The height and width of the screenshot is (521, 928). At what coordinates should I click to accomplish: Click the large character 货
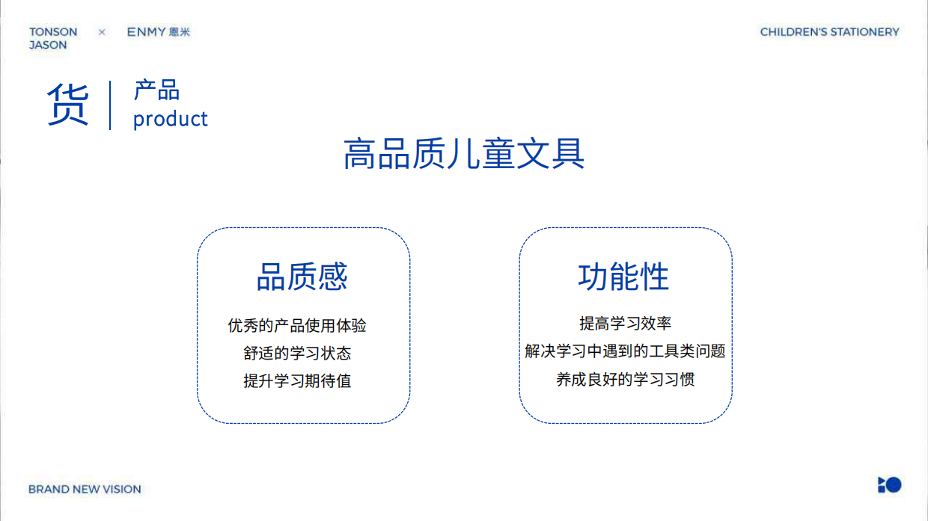tap(68, 105)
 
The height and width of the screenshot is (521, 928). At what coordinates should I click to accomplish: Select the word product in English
tap(170, 119)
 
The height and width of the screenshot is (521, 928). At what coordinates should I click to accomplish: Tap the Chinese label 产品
tap(156, 90)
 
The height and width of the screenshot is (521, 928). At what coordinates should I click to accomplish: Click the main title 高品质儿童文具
tap(464, 155)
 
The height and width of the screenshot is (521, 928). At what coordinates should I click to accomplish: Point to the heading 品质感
tap(302, 277)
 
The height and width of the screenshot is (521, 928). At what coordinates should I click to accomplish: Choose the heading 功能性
tap(623, 277)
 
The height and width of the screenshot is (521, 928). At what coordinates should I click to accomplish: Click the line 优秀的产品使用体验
tap(297, 326)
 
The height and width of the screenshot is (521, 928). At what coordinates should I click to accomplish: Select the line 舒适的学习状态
tap(297, 353)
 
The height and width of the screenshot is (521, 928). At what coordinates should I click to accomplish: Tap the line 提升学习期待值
tap(297, 380)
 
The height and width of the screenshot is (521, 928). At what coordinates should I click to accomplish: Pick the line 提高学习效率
tap(625, 324)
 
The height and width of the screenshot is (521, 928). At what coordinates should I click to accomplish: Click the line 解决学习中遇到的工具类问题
tap(625, 351)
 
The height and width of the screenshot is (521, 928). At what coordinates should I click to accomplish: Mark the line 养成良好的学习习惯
tap(625, 379)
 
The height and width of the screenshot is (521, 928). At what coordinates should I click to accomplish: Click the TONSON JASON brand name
tap(52, 38)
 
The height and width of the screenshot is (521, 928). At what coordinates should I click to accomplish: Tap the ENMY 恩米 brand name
tap(158, 32)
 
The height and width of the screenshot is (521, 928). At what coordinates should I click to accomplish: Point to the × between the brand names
tap(102, 32)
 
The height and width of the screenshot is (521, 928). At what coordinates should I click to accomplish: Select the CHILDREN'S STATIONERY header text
tap(829, 32)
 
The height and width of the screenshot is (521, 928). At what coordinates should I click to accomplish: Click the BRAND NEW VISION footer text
tap(85, 490)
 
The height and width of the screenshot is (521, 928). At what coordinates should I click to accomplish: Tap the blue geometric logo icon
tap(889, 485)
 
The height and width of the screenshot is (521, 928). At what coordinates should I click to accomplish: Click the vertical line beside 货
tap(110, 105)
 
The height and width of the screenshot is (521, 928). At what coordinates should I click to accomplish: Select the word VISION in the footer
tap(122, 490)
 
